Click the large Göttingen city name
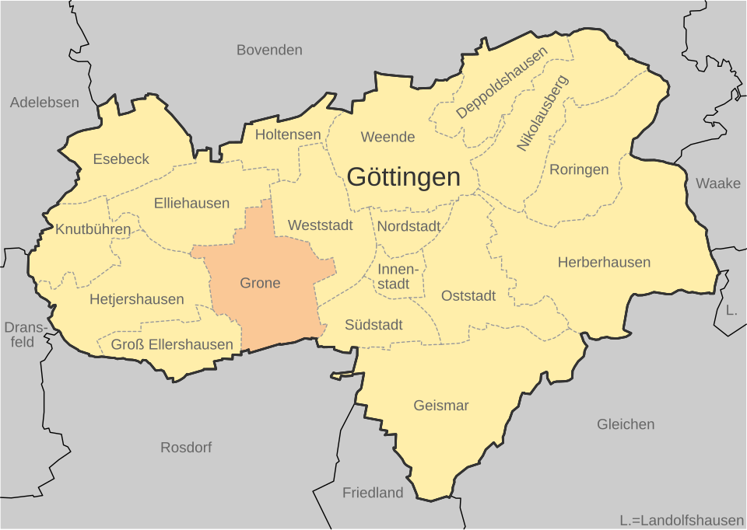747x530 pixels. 403,177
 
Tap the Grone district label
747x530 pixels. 260,283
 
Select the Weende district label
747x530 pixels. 388,137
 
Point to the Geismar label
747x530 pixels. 441,406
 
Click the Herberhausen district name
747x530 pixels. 604,263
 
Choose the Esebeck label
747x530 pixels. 121,159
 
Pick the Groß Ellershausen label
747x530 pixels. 172,344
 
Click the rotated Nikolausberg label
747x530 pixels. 542,113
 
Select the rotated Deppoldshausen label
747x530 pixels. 502,82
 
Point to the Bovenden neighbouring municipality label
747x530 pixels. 269,50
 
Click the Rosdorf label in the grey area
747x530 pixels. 186,448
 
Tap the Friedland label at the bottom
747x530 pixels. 373,493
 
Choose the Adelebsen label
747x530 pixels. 44,103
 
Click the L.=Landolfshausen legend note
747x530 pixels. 681,520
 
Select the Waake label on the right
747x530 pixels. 718,183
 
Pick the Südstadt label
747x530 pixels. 373,325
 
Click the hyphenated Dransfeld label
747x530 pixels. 25,334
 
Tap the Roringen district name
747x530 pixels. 579,169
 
